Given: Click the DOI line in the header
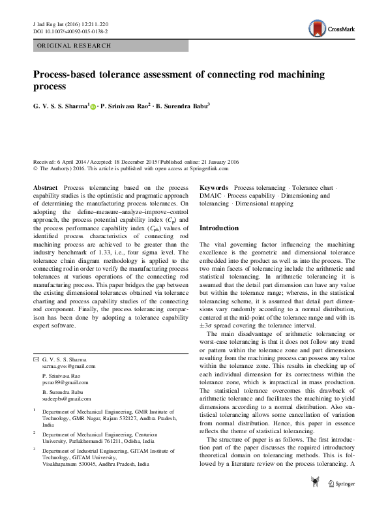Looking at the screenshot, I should coord(70,31).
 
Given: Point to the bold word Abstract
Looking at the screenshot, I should coord(45,188).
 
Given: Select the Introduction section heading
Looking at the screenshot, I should coord(220,228).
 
